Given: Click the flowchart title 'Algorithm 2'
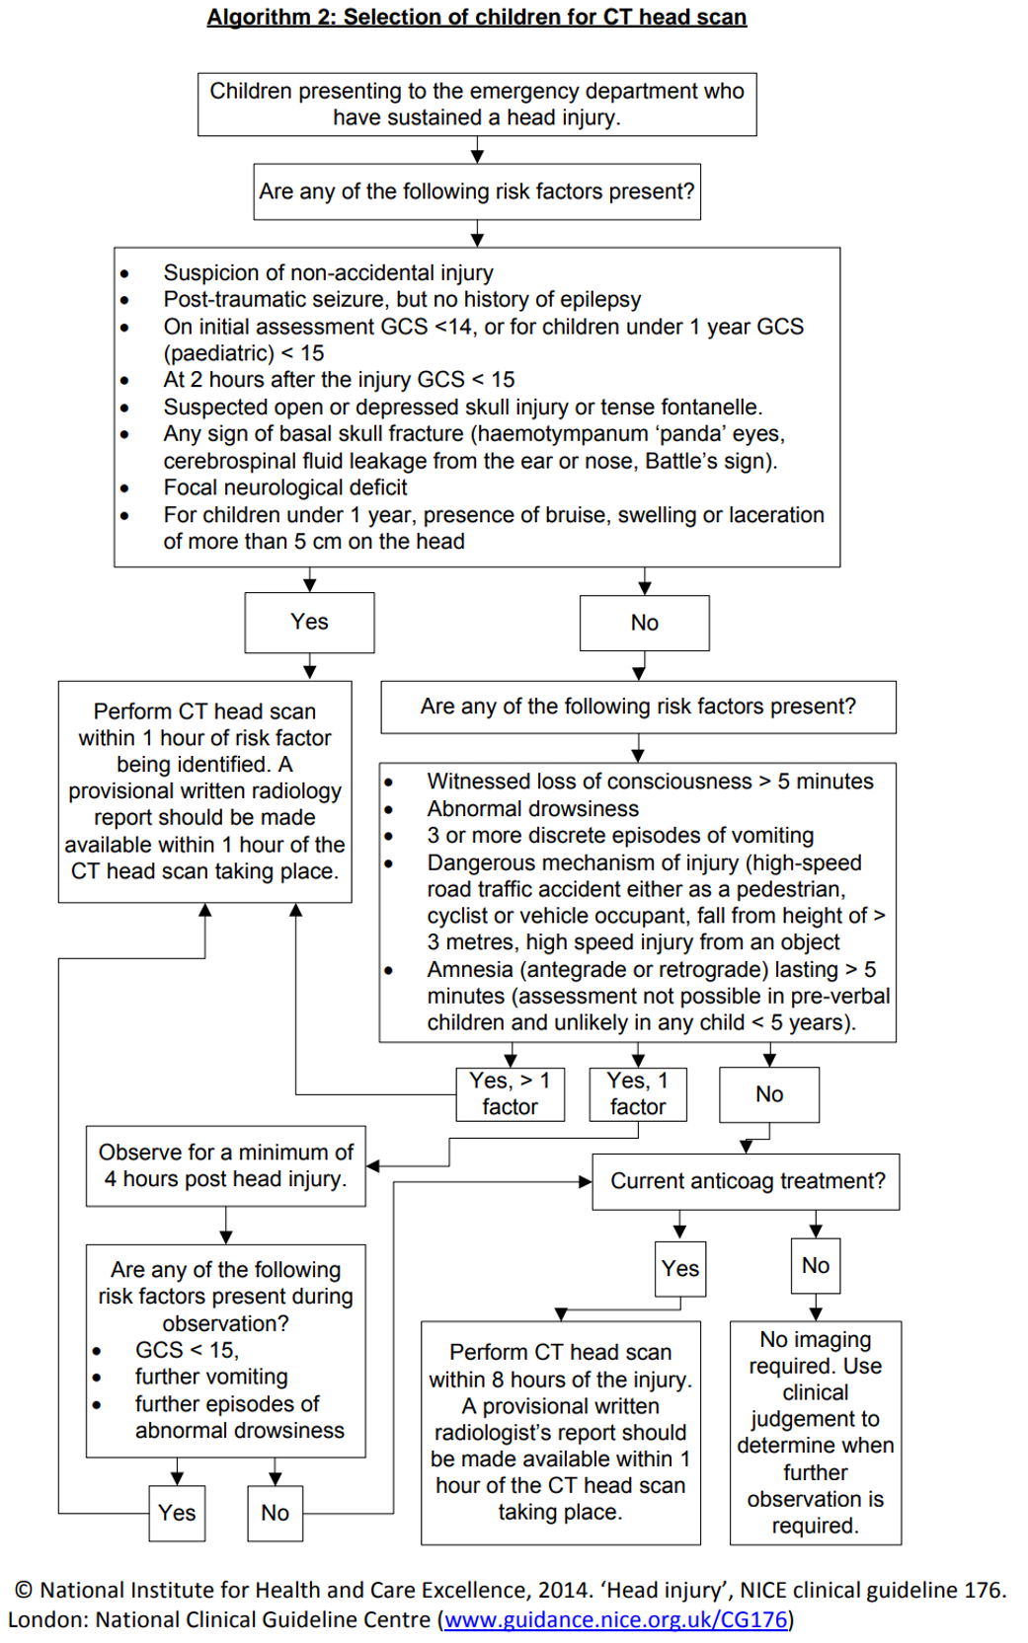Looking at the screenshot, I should coord(476,17).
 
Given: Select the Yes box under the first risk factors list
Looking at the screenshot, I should coord(309,622).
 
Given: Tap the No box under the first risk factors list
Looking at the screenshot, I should coord(644,623).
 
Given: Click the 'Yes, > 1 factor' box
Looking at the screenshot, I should coord(510,1093).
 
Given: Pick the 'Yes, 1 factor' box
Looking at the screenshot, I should coord(637,1093).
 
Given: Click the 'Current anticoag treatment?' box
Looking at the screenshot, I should coord(747,1181).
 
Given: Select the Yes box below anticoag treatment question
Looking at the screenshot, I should coord(679,1268).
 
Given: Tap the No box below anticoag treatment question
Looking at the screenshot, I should coord(815,1265).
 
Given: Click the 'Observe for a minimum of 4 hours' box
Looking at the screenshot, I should coord(225,1165).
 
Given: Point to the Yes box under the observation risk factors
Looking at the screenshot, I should coord(177,1512).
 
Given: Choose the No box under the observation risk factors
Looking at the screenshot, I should coord(275,1512).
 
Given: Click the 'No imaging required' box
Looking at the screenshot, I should coord(815,1432).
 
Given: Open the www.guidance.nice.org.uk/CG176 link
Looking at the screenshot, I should coord(616,1619).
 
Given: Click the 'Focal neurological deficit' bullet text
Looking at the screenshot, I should coord(284,487).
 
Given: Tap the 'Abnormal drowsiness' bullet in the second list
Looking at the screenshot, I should coord(532,808).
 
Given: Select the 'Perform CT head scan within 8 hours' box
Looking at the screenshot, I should coord(560,1432).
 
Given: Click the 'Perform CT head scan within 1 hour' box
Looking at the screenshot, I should coord(204,790).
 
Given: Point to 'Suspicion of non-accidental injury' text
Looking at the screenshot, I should coord(328,272).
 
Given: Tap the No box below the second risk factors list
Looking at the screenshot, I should coord(768,1093).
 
